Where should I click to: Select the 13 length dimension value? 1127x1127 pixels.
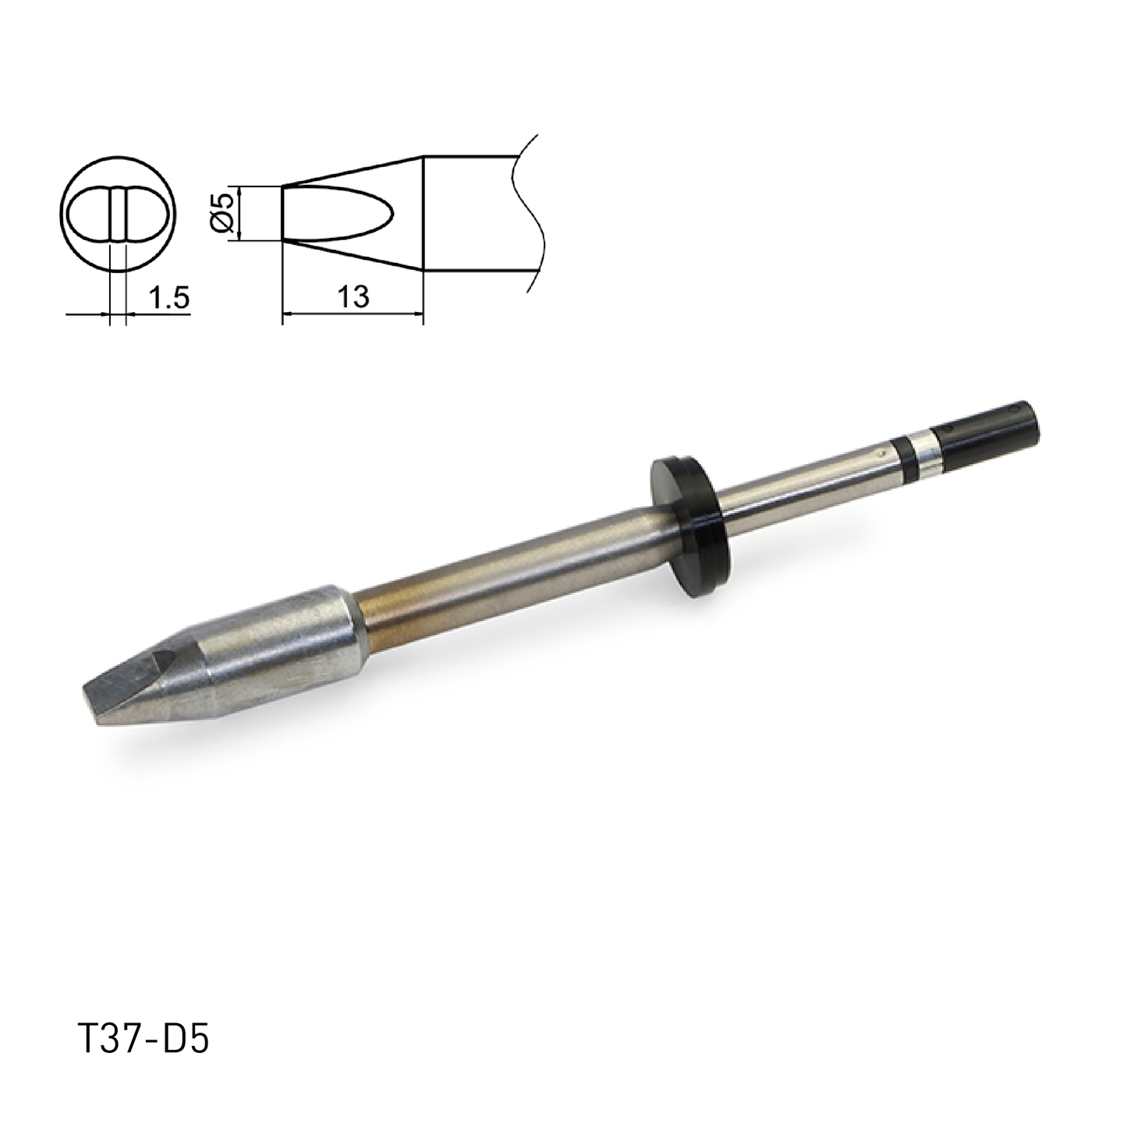[x=353, y=297]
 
